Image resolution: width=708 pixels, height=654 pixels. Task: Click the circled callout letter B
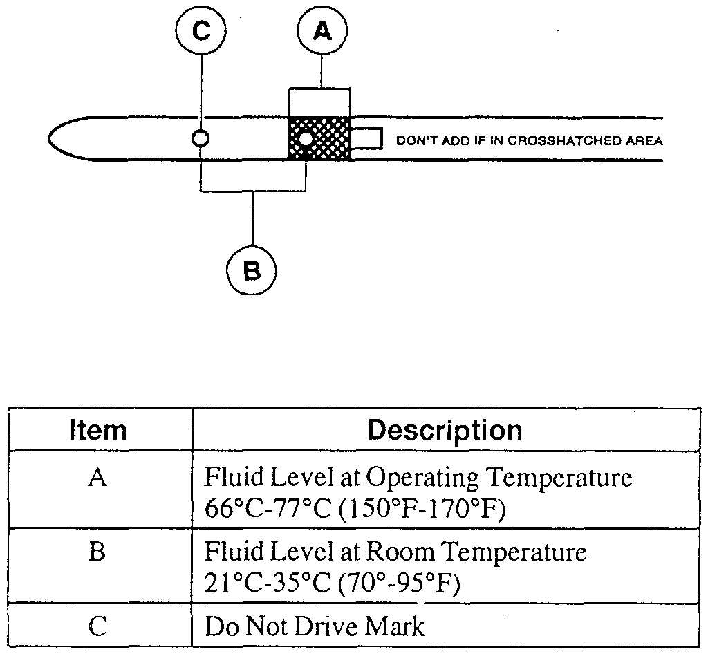coord(252,270)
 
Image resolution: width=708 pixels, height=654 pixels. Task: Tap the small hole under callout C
coord(200,138)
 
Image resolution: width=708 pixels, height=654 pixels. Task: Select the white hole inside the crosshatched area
coord(304,140)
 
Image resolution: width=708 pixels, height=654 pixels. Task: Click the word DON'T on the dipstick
coord(414,141)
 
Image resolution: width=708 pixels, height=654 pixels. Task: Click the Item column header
coord(98,430)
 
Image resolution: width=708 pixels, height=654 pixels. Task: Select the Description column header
coord(445,430)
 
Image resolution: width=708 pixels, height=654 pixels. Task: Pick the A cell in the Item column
coord(98,478)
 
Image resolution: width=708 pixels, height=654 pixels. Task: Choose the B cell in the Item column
coord(98,552)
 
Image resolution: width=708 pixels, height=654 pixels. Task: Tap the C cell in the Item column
coord(98,626)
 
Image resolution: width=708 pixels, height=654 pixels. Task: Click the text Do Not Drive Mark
coord(314,626)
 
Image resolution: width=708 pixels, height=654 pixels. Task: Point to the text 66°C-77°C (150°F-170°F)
coord(355,511)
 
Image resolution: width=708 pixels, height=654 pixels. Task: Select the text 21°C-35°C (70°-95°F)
coord(332,586)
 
